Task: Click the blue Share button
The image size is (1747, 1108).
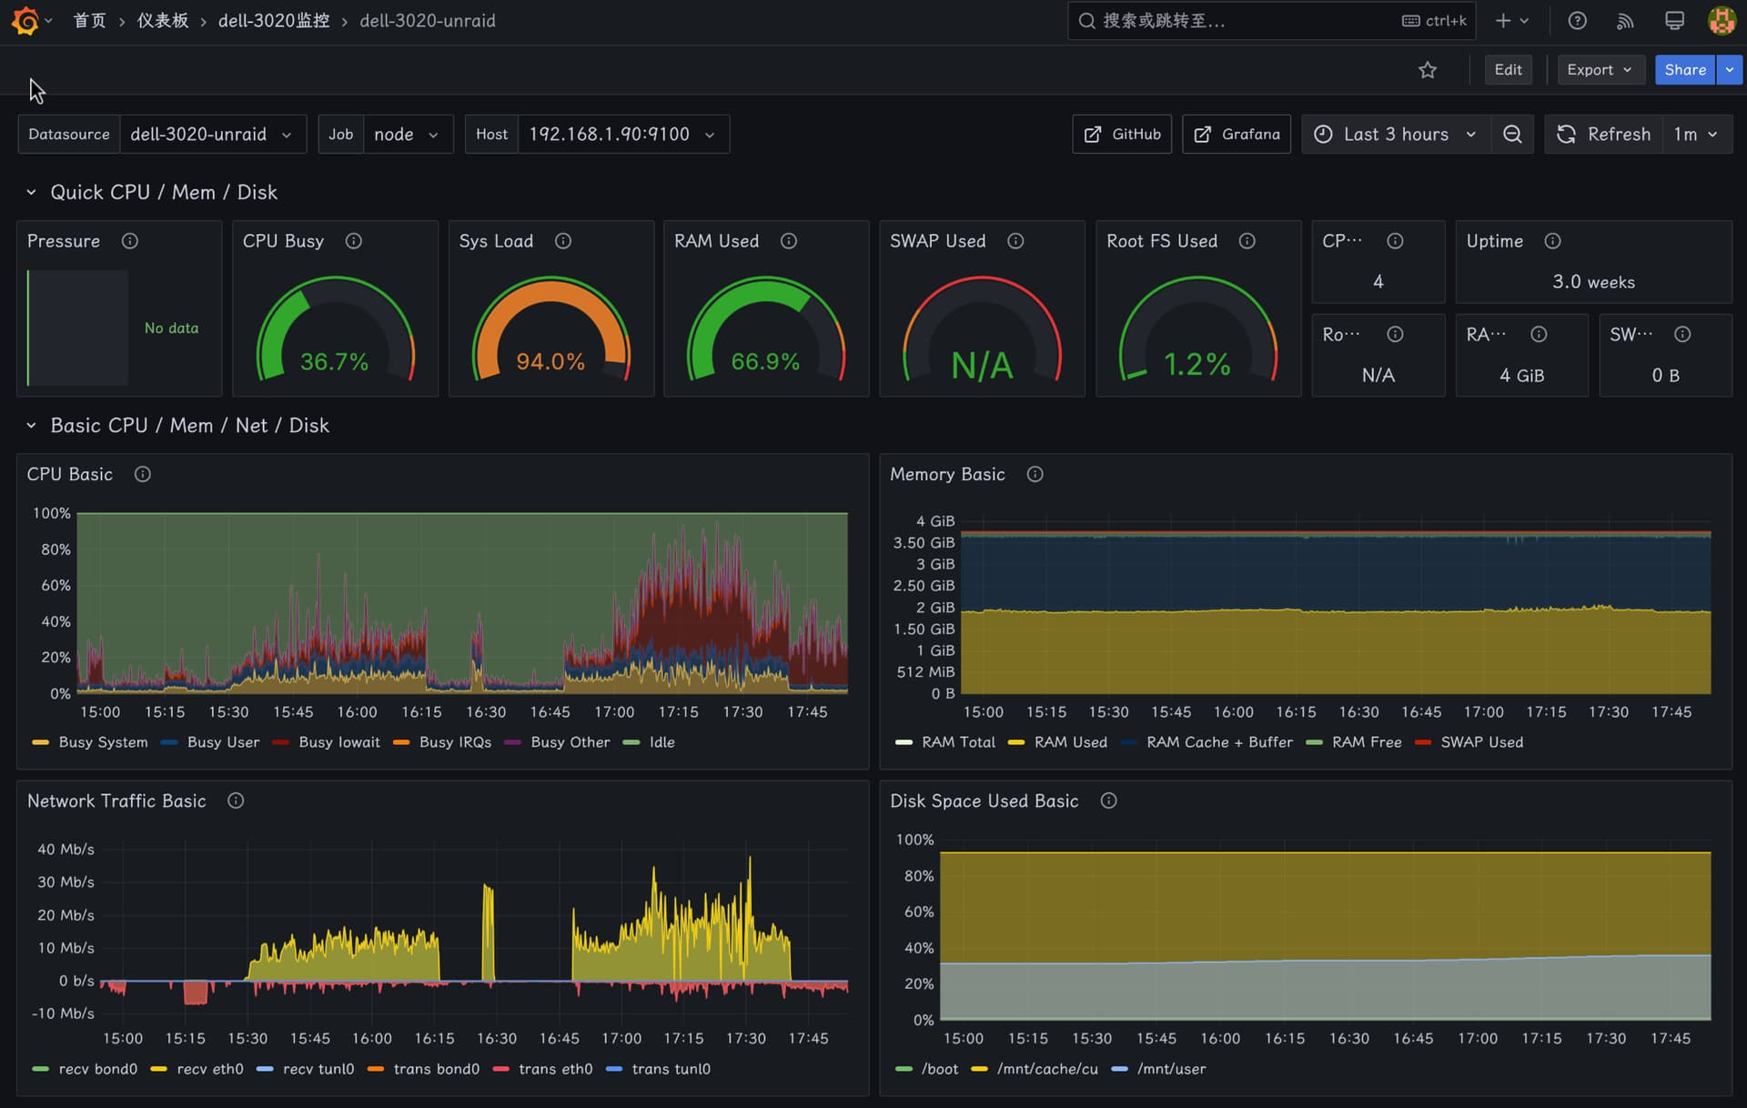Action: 1684,70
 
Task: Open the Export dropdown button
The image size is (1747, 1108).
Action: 1601,70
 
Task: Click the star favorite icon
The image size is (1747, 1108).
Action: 1428,70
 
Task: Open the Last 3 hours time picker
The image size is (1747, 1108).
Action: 1396,134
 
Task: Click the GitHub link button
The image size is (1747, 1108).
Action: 1122,134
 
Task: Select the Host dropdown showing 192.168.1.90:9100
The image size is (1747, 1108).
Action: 623,134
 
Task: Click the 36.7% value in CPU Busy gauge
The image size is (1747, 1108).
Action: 334,362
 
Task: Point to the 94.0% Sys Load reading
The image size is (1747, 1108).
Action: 550,362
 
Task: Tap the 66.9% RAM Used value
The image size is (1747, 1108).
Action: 765,362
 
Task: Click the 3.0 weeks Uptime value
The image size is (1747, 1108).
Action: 1593,282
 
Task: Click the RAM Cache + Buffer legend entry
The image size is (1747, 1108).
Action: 1207,742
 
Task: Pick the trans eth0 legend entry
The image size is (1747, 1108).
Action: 543,1069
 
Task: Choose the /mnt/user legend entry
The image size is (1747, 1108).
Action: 1159,1069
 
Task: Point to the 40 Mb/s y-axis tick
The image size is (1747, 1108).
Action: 66,849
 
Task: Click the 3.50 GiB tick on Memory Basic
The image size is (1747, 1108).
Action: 924,542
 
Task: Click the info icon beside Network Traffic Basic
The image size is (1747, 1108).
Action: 236,801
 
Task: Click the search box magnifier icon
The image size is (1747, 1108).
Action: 1086,21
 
